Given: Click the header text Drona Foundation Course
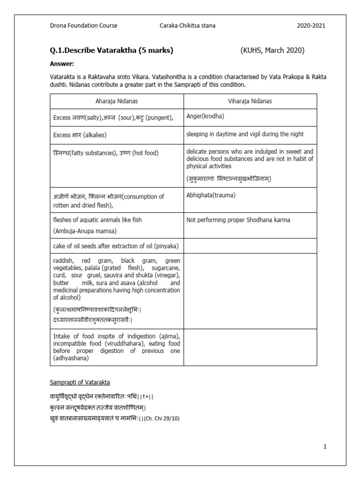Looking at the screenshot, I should (x=83, y=26).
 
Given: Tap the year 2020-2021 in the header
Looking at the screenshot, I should (x=311, y=26).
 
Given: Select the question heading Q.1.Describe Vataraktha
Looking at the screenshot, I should (x=111, y=51).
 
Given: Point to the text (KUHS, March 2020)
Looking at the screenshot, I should (x=272, y=51).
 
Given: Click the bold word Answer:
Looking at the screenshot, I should (x=62, y=64).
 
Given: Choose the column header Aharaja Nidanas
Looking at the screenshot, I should (x=116, y=101).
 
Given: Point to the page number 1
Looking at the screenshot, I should (x=324, y=447).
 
